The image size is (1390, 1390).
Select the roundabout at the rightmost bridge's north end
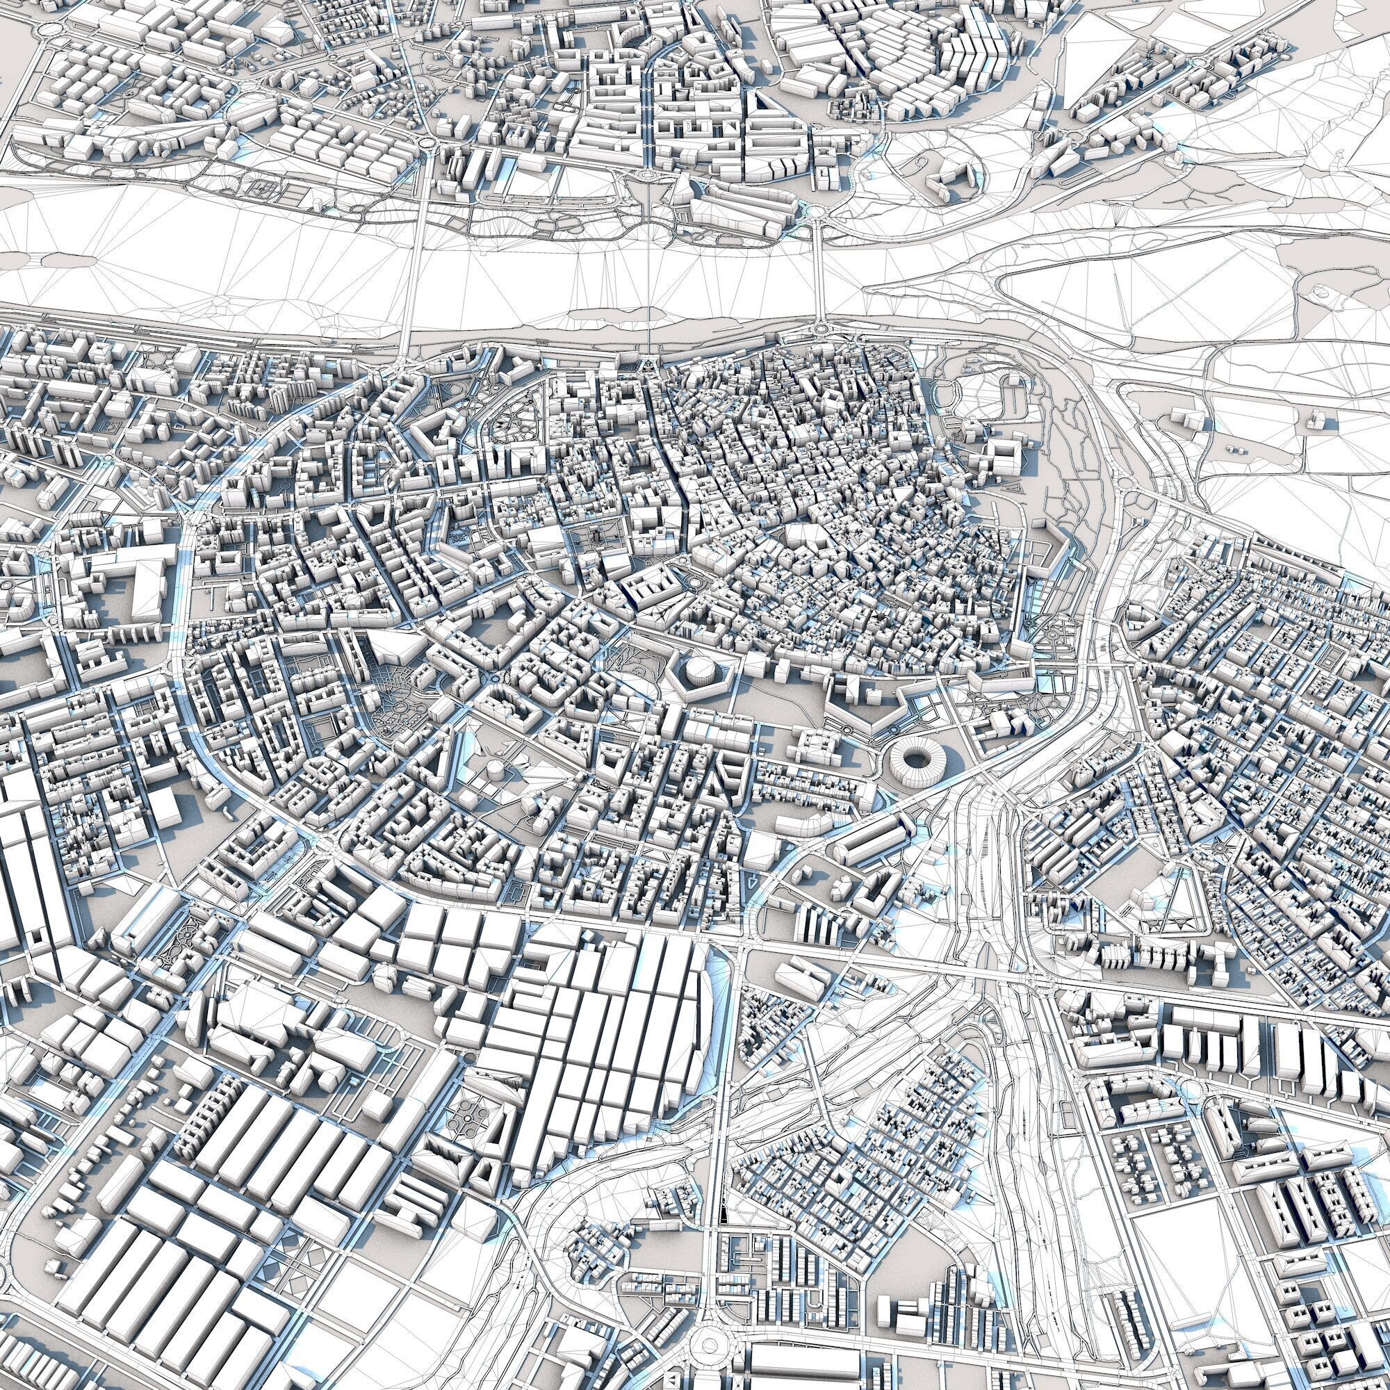[817, 210]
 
